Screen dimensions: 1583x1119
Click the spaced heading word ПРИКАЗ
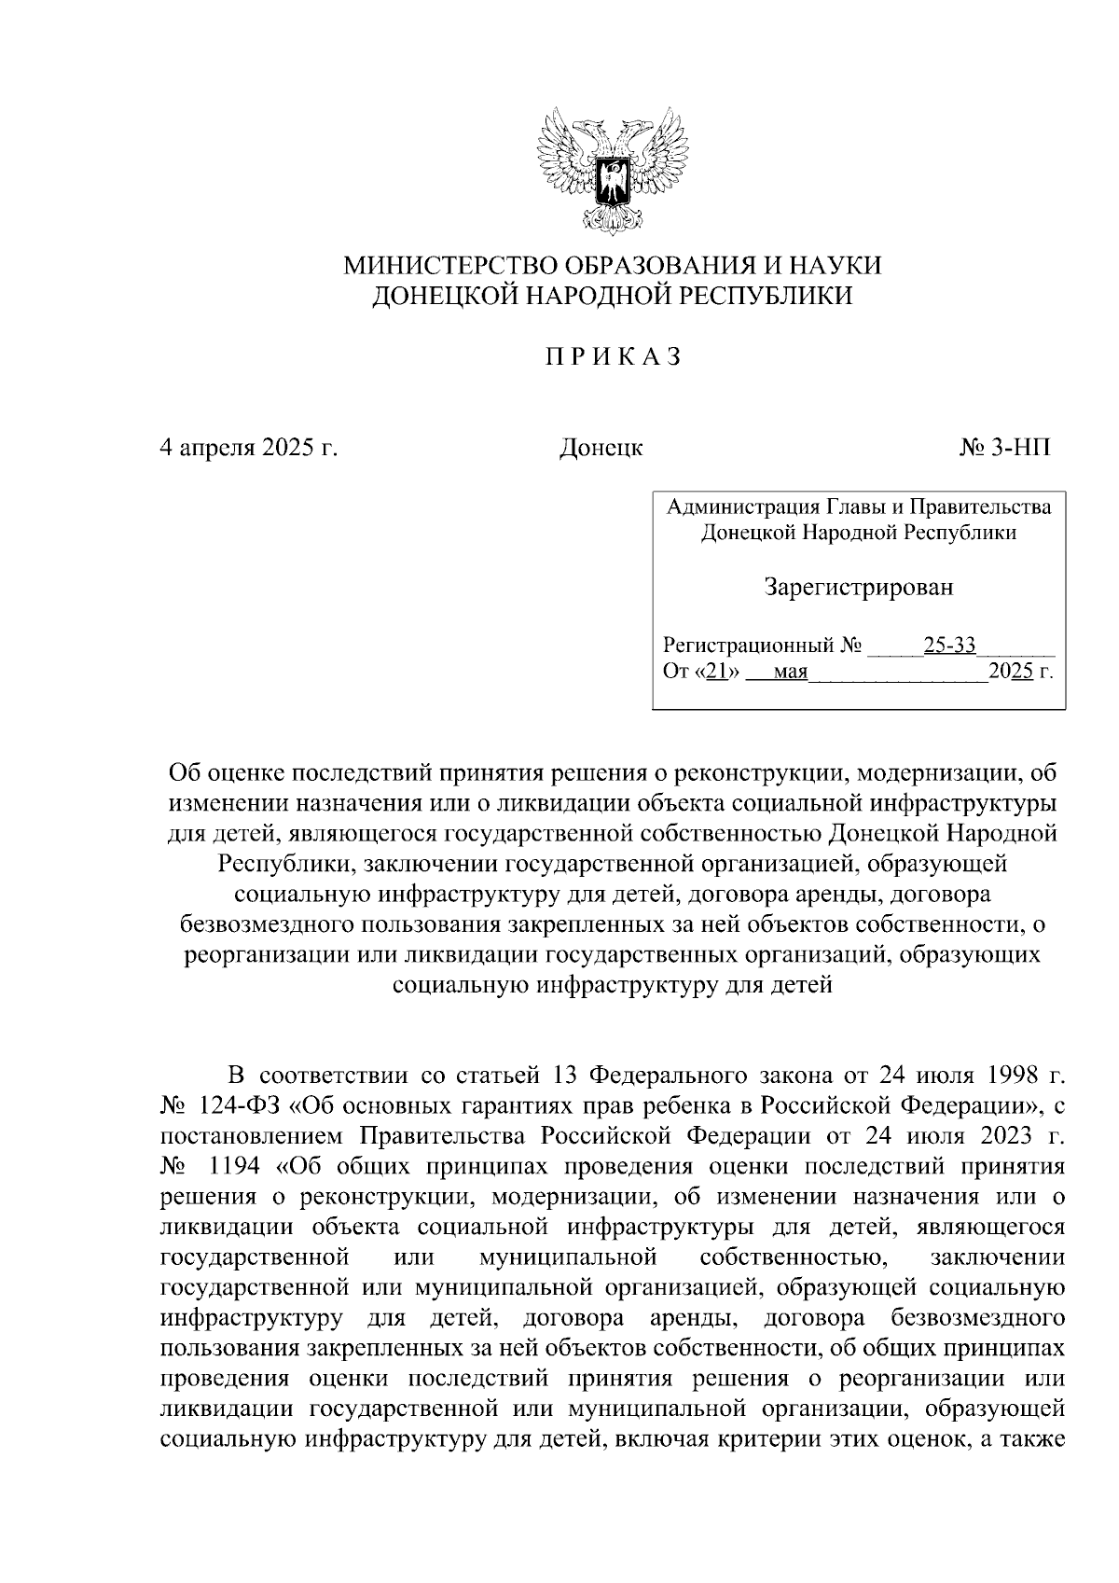(x=613, y=356)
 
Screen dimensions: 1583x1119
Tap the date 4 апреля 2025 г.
(x=249, y=448)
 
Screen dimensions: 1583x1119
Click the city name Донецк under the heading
(x=601, y=448)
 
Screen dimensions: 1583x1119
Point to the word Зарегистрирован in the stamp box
(x=858, y=588)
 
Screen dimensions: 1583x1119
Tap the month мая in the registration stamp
(x=789, y=672)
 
